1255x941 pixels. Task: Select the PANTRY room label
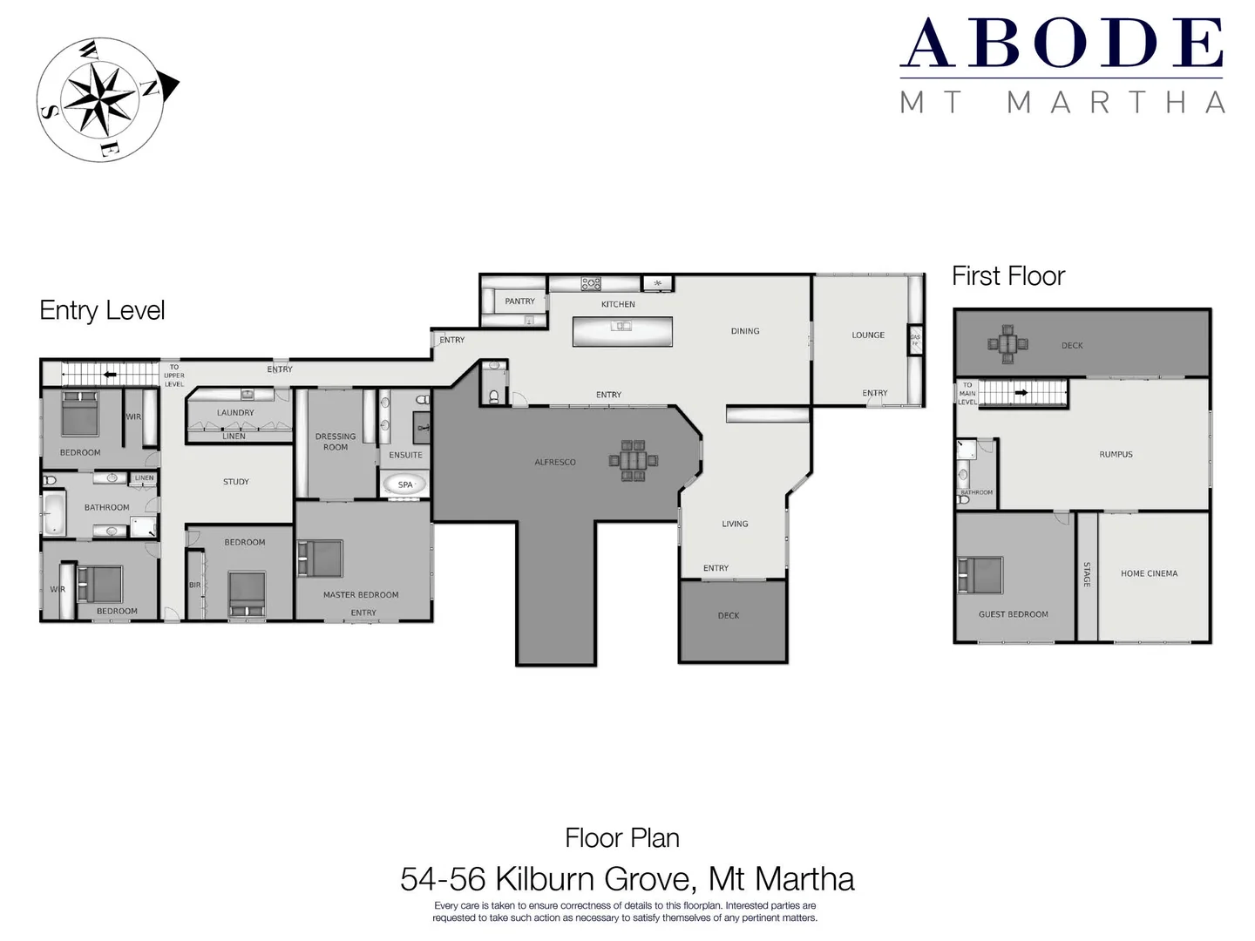click(519, 301)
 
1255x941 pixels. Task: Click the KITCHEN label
click(618, 304)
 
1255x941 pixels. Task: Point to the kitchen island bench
click(621, 331)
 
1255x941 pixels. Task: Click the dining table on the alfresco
click(634, 460)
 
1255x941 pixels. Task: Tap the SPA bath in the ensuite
click(405, 484)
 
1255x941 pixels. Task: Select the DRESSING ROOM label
click(336, 442)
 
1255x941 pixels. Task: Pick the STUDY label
click(236, 482)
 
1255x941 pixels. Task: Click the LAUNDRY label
click(235, 413)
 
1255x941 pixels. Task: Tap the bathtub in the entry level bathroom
click(54, 513)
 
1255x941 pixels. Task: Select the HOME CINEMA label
click(1149, 573)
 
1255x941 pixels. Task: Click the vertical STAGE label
click(1087, 574)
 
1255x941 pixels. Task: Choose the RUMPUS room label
click(1116, 455)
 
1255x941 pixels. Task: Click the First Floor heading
click(1008, 276)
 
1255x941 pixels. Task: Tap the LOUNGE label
click(868, 335)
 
